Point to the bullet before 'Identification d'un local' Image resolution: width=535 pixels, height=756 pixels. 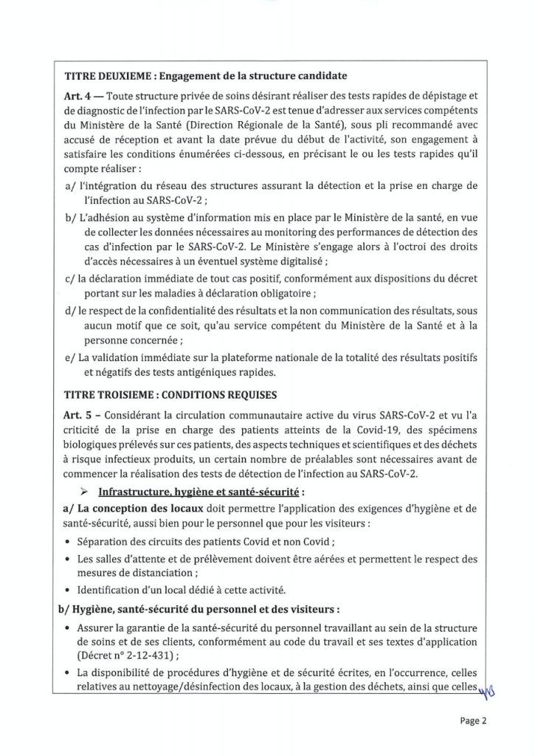click(69, 590)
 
